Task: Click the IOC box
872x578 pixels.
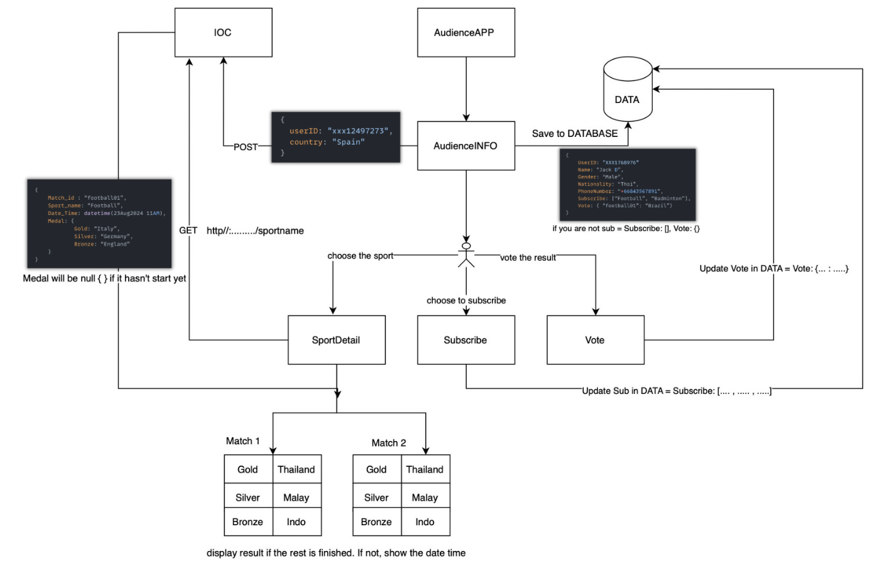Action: tap(223, 33)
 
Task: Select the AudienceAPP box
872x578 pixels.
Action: tap(466, 33)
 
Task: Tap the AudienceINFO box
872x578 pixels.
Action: tap(466, 146)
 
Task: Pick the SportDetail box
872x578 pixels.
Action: tap(336, 340)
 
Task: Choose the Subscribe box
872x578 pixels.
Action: tap(466, 340)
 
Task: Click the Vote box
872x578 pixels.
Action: tap(595, 340)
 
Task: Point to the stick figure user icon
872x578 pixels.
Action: tap(466, 254)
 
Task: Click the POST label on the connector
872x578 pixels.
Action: tap(246, 147)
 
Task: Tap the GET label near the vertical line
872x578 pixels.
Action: tap(188, 231)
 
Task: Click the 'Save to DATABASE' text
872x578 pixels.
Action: tap(574, 134)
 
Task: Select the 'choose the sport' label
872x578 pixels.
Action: tap(360, 256)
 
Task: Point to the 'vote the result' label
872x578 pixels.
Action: tap(528, 258)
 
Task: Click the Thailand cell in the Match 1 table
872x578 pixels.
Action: tap(297, 469)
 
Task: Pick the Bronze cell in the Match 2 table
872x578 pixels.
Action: tap(376, 522)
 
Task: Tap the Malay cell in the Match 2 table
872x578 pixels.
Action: tap(425, 498)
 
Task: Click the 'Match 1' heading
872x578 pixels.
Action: tap(243, 441)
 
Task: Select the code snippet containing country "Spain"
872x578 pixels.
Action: tap(335, 137)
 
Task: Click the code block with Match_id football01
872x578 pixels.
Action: tap(99, 223)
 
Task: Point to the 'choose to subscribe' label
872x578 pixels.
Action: tap(466, 300)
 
